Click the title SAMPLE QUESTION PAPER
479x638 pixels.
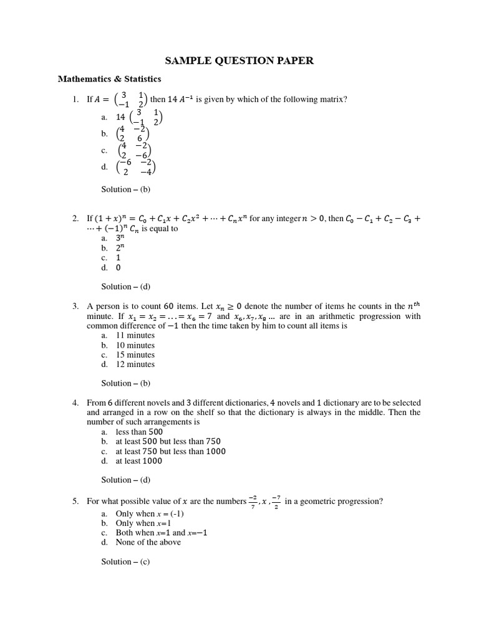[x=239, y=60]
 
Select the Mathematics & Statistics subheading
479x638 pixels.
[x=109, y=79]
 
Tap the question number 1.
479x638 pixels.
[x=75, y=99]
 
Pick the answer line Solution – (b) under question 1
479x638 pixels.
[x=125, y=189]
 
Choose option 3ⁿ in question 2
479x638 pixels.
[x=121, y=238]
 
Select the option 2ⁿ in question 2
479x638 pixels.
[x=121, y=248]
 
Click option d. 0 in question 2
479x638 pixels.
[x=119, y=268]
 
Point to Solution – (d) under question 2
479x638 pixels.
[x=125, y=287]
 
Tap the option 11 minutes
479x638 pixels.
[x=135, y=335]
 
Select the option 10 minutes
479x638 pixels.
[x=135, y=345]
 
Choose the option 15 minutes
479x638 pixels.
[x=135, y=355]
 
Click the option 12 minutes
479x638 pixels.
[x=135, y=364]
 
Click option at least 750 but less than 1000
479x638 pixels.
[x=170, y=451]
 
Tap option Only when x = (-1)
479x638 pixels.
[x=150, y=514]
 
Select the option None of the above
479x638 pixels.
[x=148, y=542]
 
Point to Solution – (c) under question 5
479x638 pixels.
[x=125, y=561]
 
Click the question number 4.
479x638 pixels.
[x=75, y=403]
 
